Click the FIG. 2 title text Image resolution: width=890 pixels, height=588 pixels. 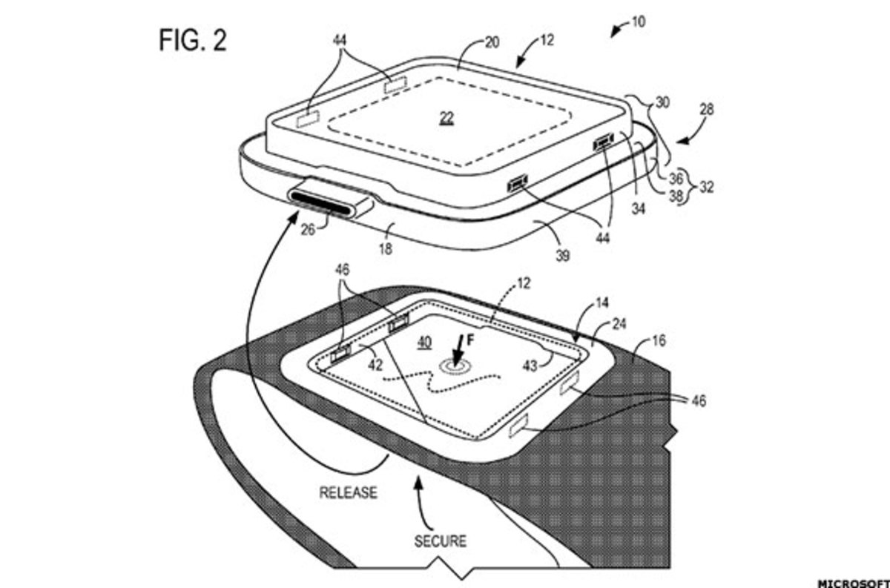[193, 40]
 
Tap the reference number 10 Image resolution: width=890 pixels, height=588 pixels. [638, 22]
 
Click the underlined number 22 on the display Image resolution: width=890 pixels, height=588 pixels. [447, 117]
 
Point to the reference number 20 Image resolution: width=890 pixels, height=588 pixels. [492, 42]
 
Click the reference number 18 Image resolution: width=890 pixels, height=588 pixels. [386, 248]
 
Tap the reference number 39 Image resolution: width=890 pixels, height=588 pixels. [563, 256]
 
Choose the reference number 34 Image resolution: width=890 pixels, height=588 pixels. [638, 208]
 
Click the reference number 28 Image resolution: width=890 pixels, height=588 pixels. [706, 109]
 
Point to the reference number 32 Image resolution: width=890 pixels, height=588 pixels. [706, 187]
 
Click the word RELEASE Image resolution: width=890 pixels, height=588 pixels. [348, 492]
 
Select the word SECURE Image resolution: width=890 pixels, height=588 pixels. [441, 541]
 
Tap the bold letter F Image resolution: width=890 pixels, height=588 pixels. [470, 340]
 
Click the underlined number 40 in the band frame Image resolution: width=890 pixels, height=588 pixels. [424, 343]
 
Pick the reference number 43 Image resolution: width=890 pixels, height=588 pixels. [530, 366]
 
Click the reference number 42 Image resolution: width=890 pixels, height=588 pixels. [375, 365]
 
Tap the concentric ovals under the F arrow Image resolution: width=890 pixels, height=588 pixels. [453, 367]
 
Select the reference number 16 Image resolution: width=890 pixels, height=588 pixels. [659, 341]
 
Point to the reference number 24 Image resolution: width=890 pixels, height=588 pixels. [619, 324]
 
